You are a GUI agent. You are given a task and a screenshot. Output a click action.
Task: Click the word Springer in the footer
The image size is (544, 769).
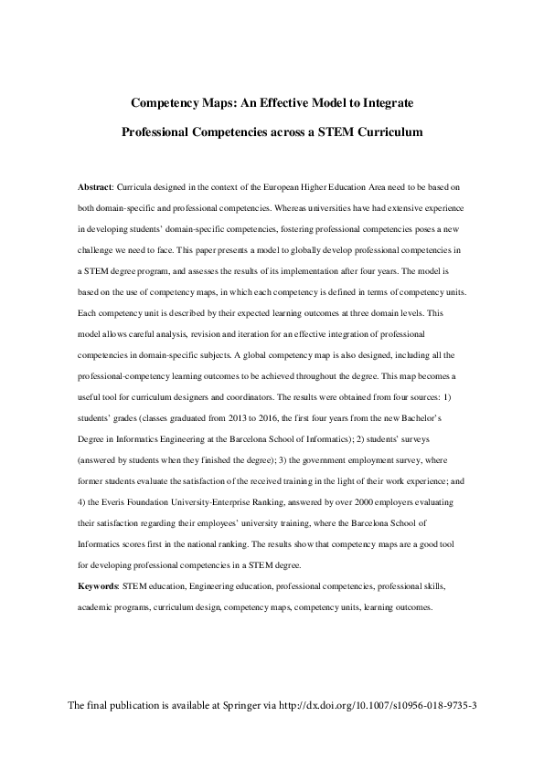coord(251,732)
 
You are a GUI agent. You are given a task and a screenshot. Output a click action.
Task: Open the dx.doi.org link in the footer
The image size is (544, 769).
coord(383,732)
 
